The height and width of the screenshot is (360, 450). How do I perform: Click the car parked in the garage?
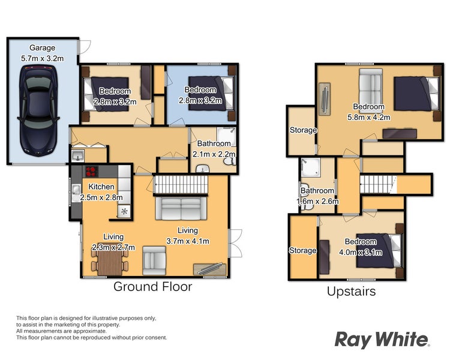pos(38,111)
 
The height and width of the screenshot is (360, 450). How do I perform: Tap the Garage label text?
pos(42,47)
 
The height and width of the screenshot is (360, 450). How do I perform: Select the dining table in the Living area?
pos(110,263)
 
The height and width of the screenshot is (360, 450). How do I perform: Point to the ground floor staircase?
pos(181,185)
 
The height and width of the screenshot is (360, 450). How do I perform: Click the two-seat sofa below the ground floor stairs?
pos(181,208)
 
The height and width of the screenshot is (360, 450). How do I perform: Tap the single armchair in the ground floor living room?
pos(154,260)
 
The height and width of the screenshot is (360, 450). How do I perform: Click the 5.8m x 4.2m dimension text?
pos(369,117)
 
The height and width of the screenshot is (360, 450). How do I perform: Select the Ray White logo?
pos(382,340)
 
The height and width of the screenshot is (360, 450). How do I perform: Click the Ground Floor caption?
pos(152,287)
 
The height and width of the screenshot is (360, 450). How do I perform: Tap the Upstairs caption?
pos(351,292)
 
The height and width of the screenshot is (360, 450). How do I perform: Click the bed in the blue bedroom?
pos(211,94)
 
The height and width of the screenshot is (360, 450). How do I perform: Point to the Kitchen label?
pos(101,187)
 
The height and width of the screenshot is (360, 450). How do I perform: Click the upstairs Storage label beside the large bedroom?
pos(303,130)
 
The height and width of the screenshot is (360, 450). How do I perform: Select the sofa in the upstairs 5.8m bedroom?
pos(371,86)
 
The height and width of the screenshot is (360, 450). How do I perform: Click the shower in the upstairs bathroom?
pos(310,167)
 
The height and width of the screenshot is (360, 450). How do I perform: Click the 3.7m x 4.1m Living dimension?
pos(188,241)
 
